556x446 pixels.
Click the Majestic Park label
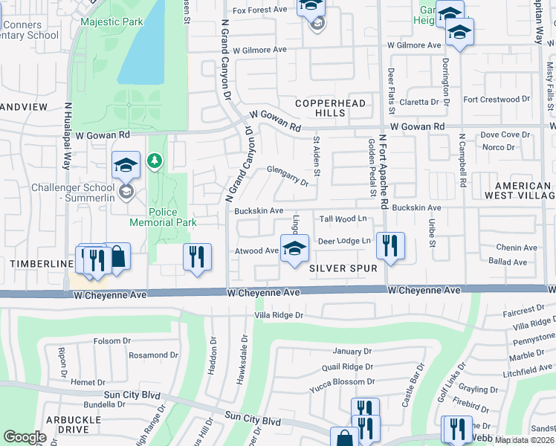tap(111, 22)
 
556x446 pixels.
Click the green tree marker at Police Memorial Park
tap(155, 161)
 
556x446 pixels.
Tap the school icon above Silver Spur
tap(294, 248)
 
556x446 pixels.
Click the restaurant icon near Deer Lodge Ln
tap(390, 245)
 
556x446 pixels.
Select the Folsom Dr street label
tap(112, 341)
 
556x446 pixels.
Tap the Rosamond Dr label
tap(154, 355)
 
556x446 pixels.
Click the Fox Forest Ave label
tap(259, 10)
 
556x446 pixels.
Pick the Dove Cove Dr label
tap(505, 135)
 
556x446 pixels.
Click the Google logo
tap(25, 436)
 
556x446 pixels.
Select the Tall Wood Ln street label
tap(343, 219)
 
